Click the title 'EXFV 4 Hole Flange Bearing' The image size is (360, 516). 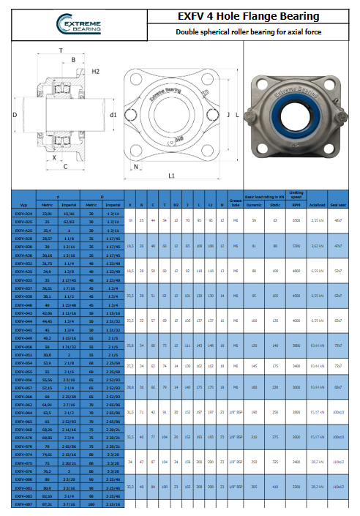250,16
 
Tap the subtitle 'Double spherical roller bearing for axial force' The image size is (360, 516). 249,32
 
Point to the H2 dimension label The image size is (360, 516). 96,71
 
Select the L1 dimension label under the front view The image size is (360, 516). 171,176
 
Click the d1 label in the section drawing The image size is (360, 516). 113,114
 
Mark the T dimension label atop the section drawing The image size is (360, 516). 60,51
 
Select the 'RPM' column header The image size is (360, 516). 296,206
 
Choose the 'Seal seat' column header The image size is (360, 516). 340,206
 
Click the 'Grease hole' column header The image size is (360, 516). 236,203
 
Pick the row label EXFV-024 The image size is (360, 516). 24,213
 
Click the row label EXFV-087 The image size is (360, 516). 24,504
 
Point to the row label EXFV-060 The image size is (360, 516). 24,395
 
